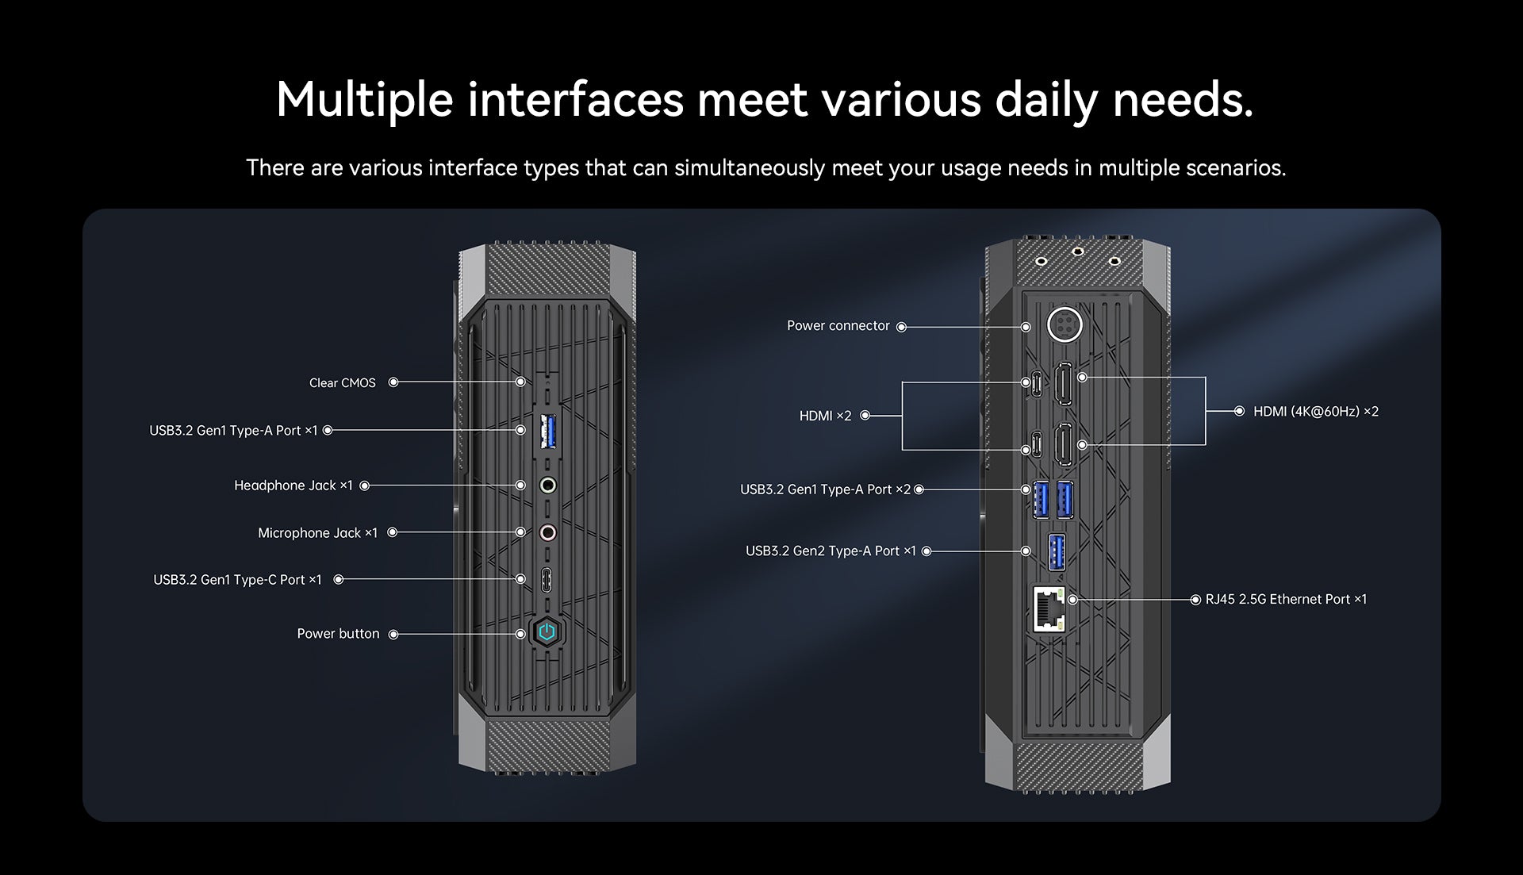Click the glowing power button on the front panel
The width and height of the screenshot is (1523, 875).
click(x=547, y=632)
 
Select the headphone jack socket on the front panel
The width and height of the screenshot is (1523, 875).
click(x=547, y=485)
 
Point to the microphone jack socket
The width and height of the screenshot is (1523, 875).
click(x=547, y=532)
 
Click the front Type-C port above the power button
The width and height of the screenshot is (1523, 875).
click(x=547, y=579)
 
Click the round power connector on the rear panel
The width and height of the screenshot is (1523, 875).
click(x=1064, y=324)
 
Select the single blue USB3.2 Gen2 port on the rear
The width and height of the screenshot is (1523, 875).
click(x=1057, y=551)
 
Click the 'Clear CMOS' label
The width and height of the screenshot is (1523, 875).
click(x=342, y=383)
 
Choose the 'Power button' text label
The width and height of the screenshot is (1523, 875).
click(x=338, y=634)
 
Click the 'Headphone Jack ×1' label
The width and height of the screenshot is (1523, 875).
click(x=293, y=485)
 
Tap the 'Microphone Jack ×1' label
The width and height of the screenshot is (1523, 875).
click(x=317, y=533)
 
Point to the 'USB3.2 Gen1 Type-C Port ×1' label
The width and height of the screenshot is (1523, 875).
click(x=237, y=580)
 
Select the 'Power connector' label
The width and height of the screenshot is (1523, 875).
click(x=838, y=326)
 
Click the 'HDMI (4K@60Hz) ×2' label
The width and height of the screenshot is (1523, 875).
click(x=1315, y=412)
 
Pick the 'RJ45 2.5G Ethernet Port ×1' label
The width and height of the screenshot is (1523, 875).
click(x=1286, y=600)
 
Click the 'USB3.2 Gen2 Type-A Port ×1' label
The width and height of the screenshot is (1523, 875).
click(x=831, y=551)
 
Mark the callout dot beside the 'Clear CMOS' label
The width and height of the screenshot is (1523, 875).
click(x=393, y=382)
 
